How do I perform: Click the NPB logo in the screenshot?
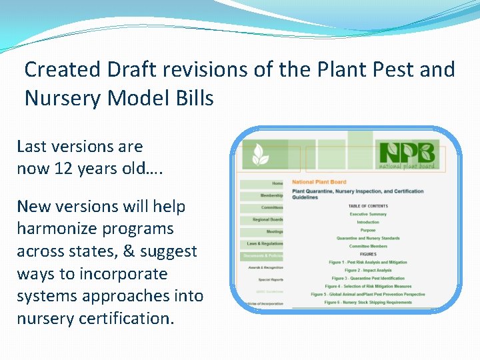(x=407, y=155)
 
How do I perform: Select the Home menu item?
(x=277, y=183)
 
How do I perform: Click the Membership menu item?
(x=271, y=195)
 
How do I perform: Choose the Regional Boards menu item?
(x=267, y=219)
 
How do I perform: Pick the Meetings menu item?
(x=274, y=231)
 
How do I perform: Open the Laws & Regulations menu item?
(x=265, y=243)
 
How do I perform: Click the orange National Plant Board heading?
(x=319, y=182)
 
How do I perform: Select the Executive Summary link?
(x=368, y=214)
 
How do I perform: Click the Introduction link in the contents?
(x=368, y=222)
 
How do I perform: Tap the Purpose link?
(x=368, y=230)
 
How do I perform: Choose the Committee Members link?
(x=368, y=246)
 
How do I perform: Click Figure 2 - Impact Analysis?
(x=368, y=270)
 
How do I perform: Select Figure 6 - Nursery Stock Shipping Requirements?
(x=368, y=302)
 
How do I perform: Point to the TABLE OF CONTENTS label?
(x=368, y=206)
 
